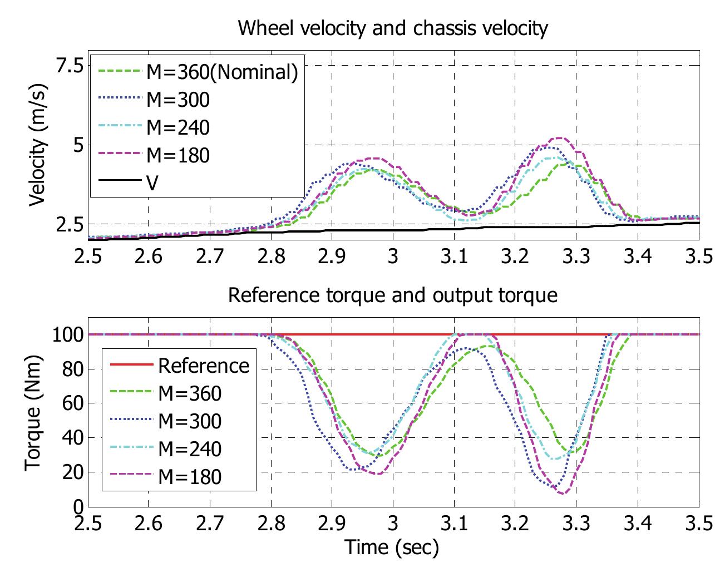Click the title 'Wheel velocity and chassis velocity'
click(x=393, y=27)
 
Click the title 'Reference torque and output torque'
click(x=393, y=294)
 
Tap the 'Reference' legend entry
click(x=204, y=366)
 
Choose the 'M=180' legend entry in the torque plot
click(x=190, y=476)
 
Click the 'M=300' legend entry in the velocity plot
click(x=178, y=99)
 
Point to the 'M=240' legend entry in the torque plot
click(x=190, y=448)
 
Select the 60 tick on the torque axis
click(x=72, y=403)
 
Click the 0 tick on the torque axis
click(x=77, y=507)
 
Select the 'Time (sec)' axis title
click(x=392, y=548)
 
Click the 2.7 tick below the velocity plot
click(x=210, y=257)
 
